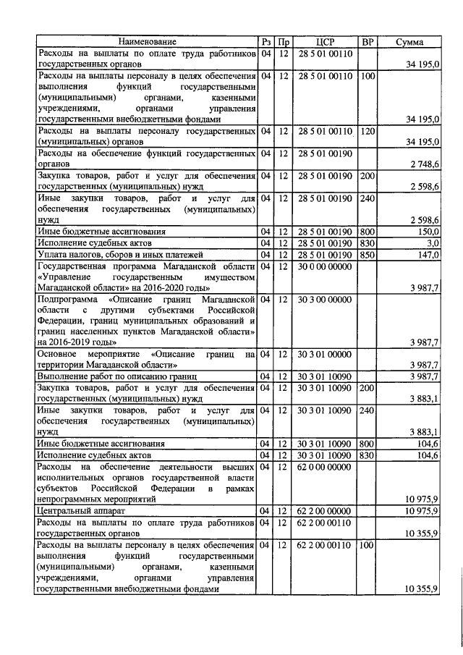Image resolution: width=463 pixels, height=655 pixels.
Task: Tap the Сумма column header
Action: click(x=409, y=42)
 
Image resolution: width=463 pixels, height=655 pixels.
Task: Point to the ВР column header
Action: click(x=367, y=42)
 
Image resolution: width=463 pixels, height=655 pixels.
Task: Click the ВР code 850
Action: click(x=367, y=254)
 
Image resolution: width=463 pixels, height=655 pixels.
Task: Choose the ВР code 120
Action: click(x=367, y=131)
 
